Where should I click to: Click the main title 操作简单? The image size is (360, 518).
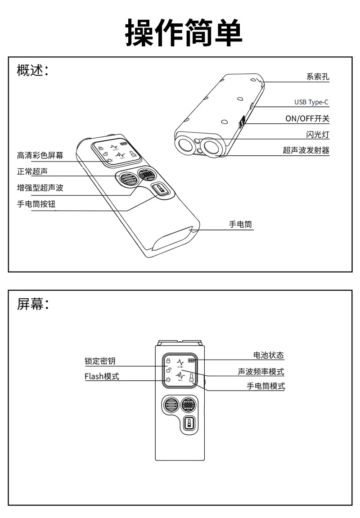(184, 32)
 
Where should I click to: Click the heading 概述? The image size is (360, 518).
(32, 71)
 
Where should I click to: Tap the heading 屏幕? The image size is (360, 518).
(32, 304)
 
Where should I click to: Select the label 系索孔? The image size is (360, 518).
(318, 77)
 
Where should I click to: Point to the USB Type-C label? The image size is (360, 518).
(311, 102)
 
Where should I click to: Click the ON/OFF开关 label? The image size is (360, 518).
(307, 119)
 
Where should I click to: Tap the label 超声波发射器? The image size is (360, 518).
(306, 150)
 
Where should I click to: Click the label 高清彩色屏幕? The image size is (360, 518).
(40, 156)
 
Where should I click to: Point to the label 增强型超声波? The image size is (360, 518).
(40, 188)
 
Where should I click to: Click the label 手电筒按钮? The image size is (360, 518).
(36, 204)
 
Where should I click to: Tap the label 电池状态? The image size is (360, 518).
(269, 355)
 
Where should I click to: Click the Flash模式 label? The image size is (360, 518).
(102, 376)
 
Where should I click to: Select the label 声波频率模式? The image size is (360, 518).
(261, 372)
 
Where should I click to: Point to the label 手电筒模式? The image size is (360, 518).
(265, 386)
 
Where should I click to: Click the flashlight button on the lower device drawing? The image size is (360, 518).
(189, 424)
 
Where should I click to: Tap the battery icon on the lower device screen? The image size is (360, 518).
(192, 360)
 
